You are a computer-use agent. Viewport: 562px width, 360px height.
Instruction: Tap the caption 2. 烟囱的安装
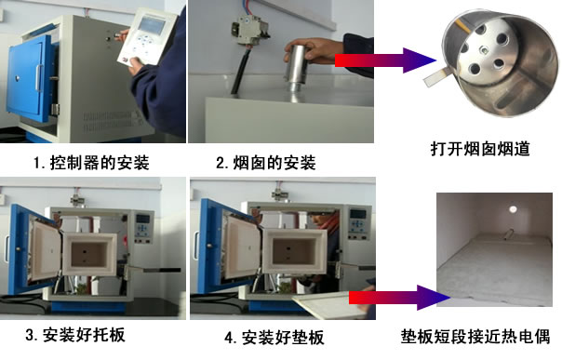[x=266, y=164]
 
